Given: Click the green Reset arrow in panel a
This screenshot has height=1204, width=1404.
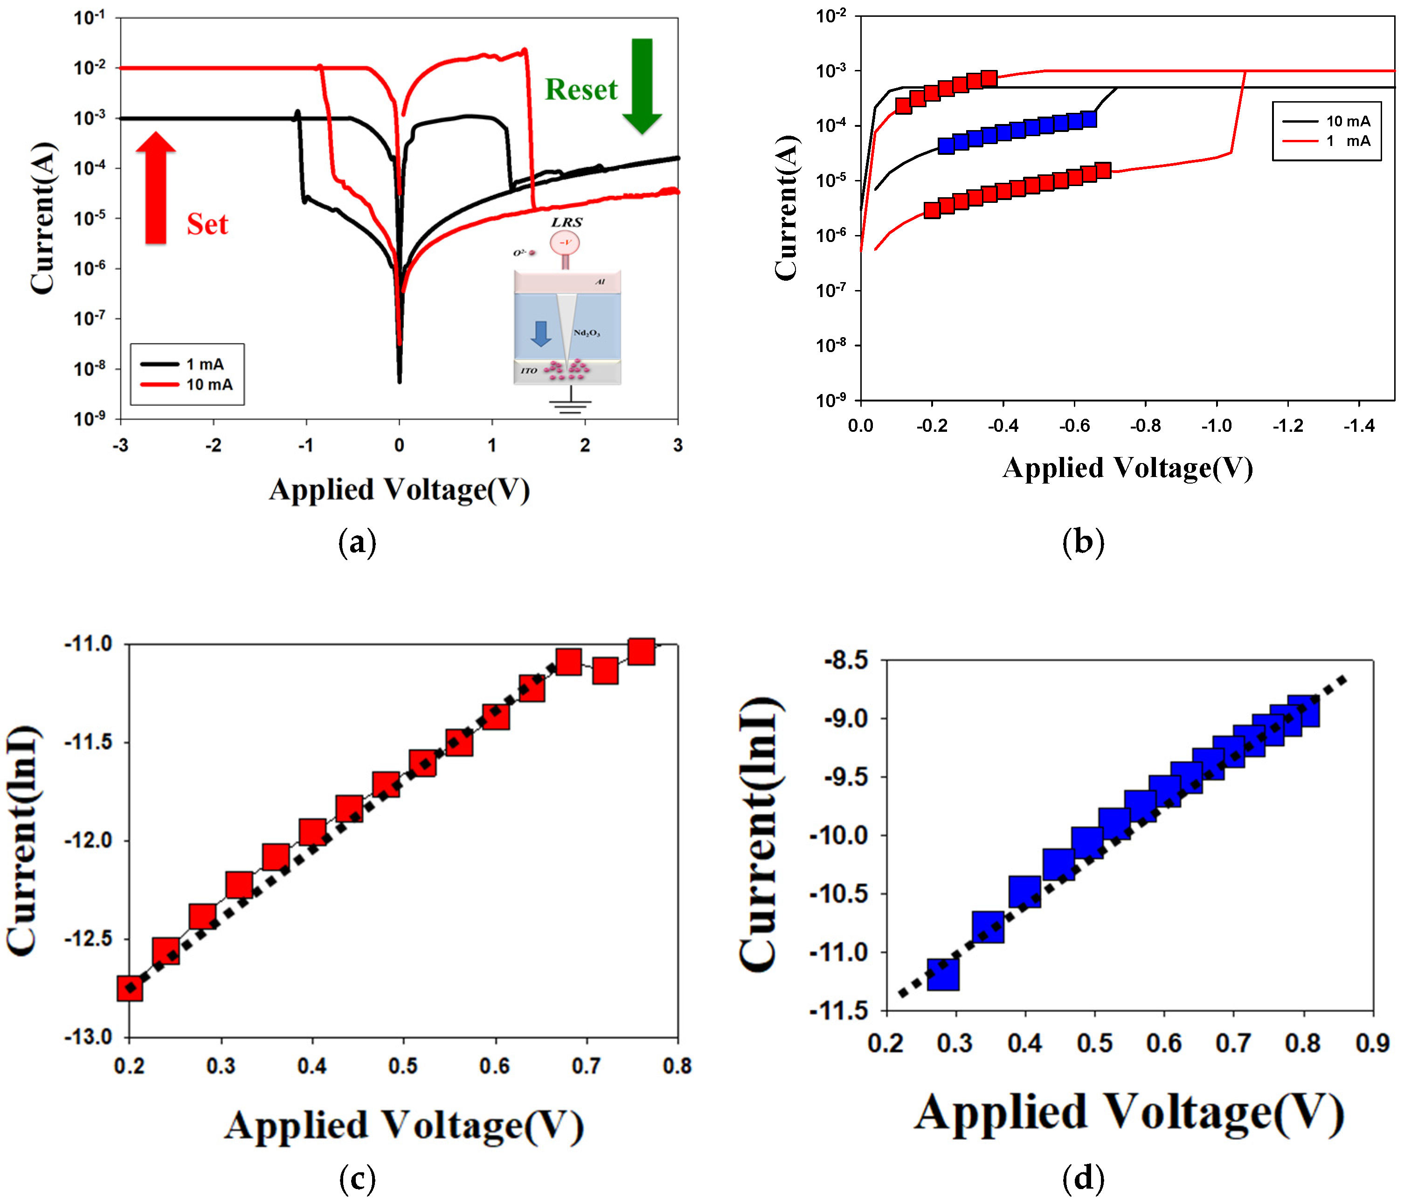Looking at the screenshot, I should click(641, 85).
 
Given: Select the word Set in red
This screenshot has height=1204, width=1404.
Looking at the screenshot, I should click(207, 224).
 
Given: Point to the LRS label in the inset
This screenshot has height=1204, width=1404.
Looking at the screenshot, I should click(567, 222).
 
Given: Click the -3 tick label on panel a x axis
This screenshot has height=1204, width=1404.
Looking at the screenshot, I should click(121, 445).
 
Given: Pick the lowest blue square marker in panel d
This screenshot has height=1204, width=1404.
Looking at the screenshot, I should click(942, 974).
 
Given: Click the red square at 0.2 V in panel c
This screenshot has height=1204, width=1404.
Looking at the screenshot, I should click(130, 988).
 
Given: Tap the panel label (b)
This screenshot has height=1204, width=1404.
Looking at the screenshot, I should click(1083, 542).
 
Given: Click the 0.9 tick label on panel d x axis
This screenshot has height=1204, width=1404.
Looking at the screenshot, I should click(1372, 1044).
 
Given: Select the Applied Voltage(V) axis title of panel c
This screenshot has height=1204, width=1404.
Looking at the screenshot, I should click(404, 1125).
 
